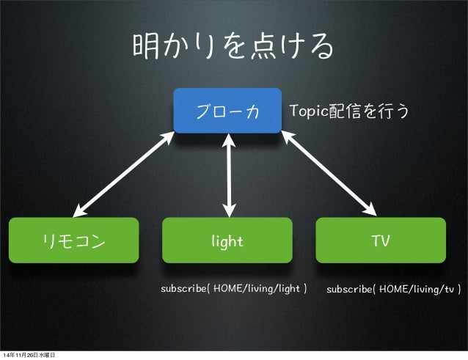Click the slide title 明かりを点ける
click(233, 48)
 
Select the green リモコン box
click(73, 240)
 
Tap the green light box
click(227, 240)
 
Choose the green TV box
click(380, 240)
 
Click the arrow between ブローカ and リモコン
click(125, 172)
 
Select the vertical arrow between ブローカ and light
click(231, 175)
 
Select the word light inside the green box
click(227, 240)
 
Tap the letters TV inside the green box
click(380, 240)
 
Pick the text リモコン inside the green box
click(73, 240)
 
